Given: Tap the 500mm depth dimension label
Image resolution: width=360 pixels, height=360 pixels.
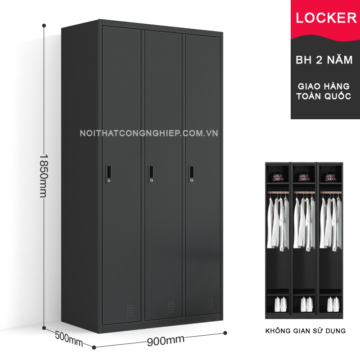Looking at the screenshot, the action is tap(69, 339).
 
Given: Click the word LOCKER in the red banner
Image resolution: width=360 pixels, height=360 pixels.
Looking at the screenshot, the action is tap(326, 18).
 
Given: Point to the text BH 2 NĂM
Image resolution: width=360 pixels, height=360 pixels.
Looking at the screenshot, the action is tap(324, 60).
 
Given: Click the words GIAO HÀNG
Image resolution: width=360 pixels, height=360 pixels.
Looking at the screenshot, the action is tap(324, 86).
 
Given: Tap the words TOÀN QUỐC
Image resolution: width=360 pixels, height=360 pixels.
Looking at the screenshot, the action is tap(324, 96).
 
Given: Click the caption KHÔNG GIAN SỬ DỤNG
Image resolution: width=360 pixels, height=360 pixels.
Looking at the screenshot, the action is tap(306, 331).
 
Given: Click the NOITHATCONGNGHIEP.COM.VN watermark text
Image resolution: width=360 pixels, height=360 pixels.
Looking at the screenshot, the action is tap(149, 133).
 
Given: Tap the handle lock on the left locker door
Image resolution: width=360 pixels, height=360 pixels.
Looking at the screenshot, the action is tap(108, 174).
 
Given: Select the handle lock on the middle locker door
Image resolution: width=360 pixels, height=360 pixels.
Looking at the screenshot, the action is tap(151, 174).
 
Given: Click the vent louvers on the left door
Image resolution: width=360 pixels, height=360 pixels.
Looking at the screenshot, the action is tap(130, 310).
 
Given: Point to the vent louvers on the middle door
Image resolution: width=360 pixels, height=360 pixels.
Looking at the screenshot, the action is tap(171, 306).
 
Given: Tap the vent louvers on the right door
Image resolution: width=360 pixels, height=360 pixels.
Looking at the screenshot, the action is tap(211, 302).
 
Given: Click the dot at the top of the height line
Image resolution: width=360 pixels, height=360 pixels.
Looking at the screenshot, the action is tap(44, 26).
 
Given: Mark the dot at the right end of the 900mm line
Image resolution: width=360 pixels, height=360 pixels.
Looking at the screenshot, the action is tap(225, 333).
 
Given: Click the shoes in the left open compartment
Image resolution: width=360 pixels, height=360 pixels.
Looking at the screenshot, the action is tap(280, 304).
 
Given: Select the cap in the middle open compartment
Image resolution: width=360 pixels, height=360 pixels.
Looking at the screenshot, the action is tap(304, 177).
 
